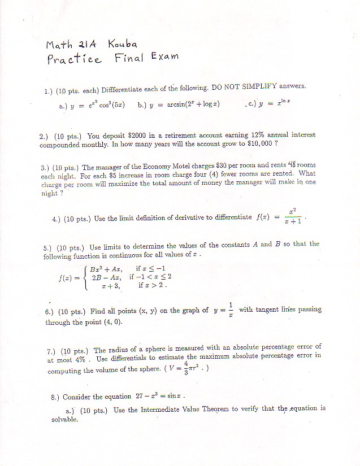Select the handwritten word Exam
coord(164,56)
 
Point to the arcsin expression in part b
coord(186,104)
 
